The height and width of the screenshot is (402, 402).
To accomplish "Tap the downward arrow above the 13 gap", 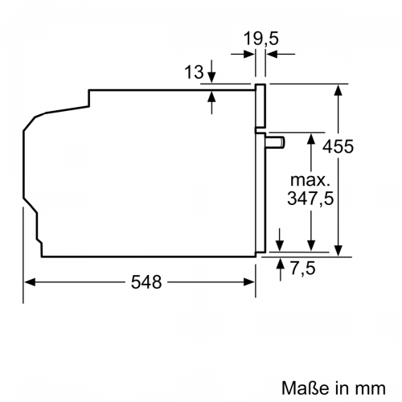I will point(211,76).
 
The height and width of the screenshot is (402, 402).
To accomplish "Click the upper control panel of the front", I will point(260,106).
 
